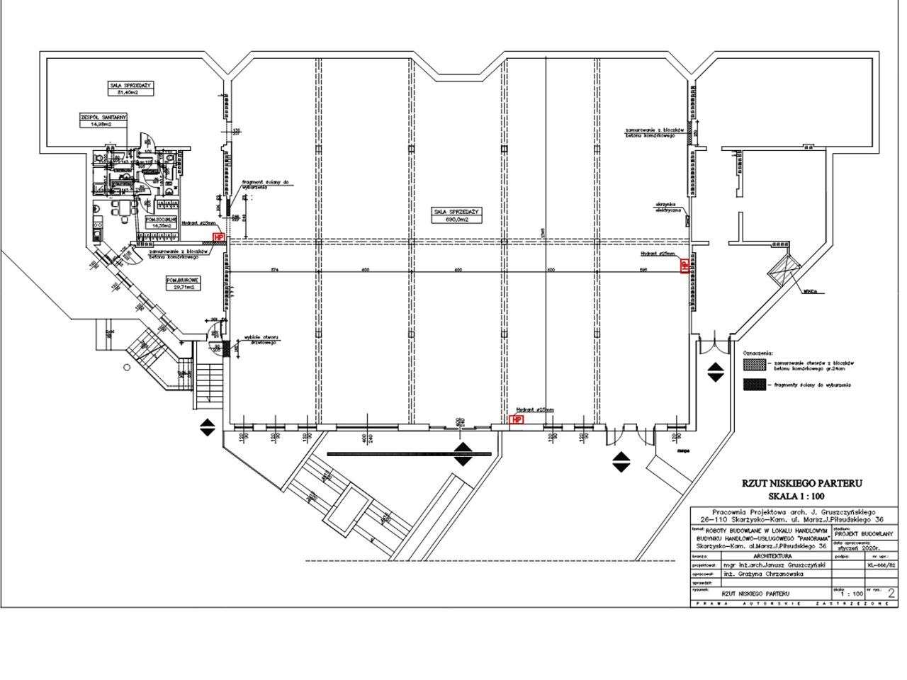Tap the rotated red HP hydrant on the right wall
(x=685, y=266)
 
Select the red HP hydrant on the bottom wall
(x=517, y=419)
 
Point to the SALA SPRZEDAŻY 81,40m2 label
(x=131, y=88)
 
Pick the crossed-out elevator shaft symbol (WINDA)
(x=784, y=268)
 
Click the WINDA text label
(x=811, y=291)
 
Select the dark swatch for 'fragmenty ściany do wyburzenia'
(x=755, y=385)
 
